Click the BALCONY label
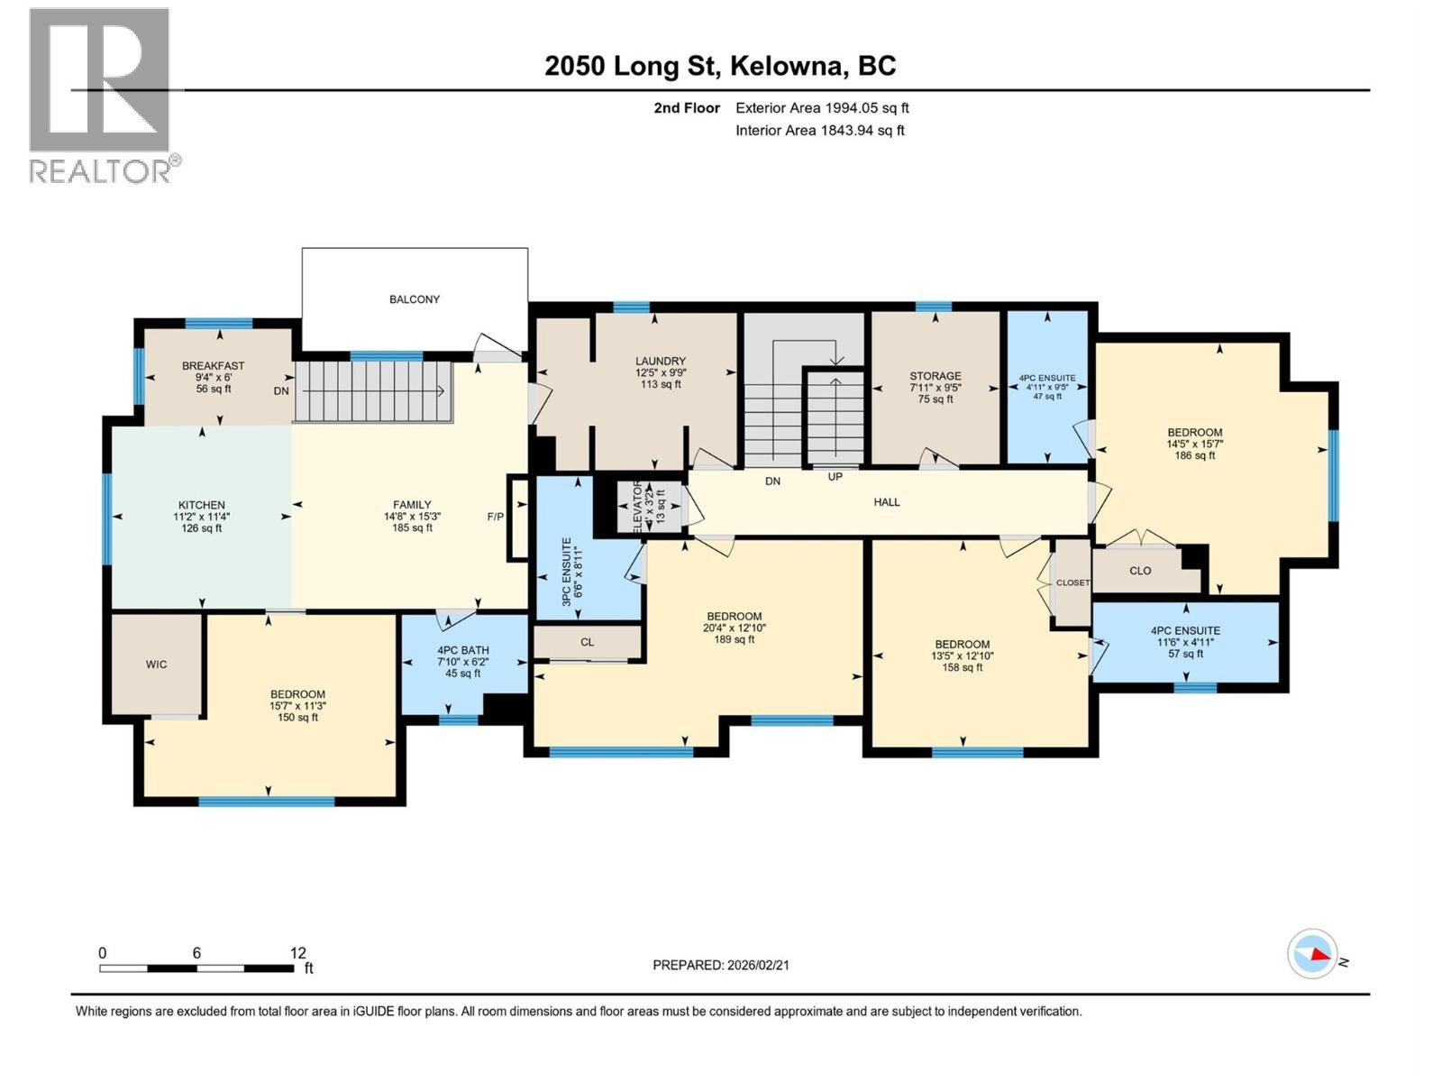tap(415, 299)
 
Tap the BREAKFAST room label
tap(213, 366)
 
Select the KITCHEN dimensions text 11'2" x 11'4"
tap(202, 517)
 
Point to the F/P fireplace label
tap(496, 517)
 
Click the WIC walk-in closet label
tap(157, 665)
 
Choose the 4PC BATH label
tap(463, 650)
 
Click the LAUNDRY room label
tap(661, 361)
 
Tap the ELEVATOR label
tap(639, 507)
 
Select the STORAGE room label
tap(935, 376)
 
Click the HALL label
tap(887, 502)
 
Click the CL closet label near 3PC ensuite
tap(588, 642)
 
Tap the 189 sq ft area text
tap(735, 639)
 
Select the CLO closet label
tap(1140, 571)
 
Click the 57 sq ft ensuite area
tap(1186, 654)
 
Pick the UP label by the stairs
tap(835, 476)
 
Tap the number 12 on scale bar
tap(298, 953)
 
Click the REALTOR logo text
tap(101, 171)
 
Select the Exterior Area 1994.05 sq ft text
tap(822, 108)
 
